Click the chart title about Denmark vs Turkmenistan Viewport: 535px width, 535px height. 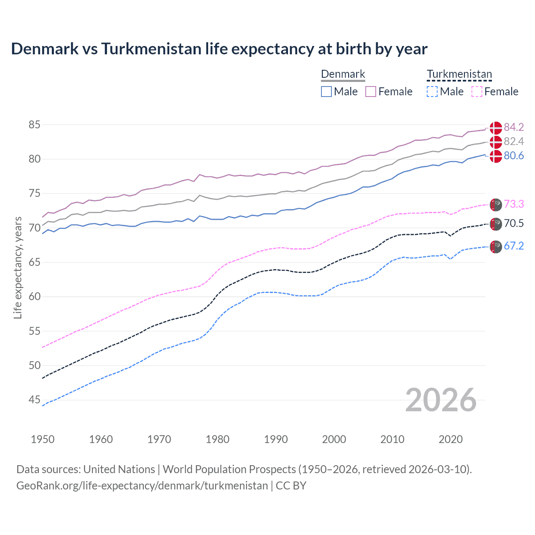219,49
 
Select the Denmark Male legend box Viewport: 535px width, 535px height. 326,92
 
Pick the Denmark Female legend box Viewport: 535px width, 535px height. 371,92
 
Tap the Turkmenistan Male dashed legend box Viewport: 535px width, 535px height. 432,92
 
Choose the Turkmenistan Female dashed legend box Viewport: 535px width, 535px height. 477,92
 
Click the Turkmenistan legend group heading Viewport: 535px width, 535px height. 459,74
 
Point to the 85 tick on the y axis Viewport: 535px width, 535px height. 35,125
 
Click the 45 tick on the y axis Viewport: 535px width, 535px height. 35,400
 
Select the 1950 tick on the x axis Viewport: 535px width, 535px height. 43,439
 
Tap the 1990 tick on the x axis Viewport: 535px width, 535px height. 276,439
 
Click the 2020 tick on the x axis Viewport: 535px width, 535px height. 451,439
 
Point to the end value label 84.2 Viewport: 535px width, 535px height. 514,127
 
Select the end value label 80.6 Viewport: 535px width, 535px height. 514,156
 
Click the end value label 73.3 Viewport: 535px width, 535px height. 514,204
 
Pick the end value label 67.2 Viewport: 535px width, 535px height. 514,246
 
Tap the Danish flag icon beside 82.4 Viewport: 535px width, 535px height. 496,142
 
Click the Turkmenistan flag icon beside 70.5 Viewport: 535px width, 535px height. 496,224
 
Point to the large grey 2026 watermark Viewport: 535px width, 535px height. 441,400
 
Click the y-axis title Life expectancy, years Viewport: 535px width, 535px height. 18,267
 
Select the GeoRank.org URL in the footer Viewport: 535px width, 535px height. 142,486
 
